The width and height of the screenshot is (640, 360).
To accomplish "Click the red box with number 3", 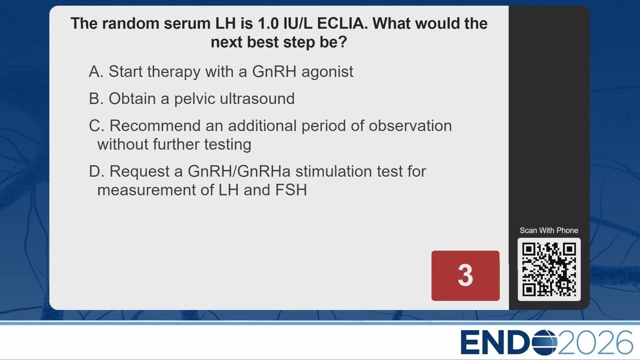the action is coord(465,275).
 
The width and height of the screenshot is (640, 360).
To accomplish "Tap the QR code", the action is coord(549,269).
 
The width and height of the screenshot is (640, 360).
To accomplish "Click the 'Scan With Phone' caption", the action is coord(549,230).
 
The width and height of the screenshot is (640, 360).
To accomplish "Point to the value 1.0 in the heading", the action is coord(268,23).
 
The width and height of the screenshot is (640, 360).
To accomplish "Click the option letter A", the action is coord(95,71).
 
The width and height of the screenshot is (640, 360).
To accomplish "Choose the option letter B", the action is coord(95,98).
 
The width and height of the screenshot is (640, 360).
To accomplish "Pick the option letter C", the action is coord(96,125).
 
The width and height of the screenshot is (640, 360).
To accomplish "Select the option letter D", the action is coord(96,171).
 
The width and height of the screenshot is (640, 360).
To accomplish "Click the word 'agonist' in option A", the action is coord(327,72).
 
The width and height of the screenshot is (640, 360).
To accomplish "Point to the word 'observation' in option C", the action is coord(410,125).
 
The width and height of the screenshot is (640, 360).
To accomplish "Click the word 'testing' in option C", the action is coord(227,144).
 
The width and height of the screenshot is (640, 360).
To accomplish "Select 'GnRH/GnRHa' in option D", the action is coord(239,171).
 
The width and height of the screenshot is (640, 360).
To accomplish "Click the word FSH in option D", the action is coord(291,190).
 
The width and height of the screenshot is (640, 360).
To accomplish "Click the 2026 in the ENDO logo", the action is coord(595,342).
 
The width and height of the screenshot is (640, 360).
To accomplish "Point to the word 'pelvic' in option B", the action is coord(194,99).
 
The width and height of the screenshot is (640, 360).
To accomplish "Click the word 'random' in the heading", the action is coord(131,23).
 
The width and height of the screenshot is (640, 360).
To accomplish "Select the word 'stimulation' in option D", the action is coord(333,171).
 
